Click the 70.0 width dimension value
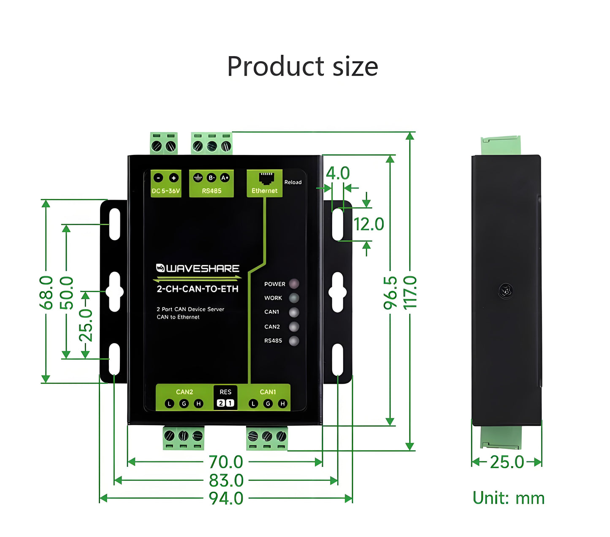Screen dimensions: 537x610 (226, 462)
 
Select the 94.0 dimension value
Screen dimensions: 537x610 (226, 499)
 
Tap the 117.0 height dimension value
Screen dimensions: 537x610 (410, 292)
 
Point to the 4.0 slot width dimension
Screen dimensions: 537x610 (338, 174)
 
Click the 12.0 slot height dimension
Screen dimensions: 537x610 (369, 224)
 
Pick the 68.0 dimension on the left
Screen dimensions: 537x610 (46, 292)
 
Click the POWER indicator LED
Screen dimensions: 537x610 (294, 284)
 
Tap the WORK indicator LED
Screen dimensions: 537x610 (294, 298)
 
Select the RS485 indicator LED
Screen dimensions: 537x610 (294, 341)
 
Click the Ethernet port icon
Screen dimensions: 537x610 (266, 178)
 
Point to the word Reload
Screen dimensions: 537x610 (293, 182)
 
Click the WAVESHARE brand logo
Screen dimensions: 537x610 (198, 268)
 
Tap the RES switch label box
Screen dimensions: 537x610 (225, 397)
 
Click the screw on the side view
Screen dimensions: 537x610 (505, 290)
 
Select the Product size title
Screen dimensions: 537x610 (302, 66)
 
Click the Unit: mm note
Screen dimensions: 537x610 (508, 498)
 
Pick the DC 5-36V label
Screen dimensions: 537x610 (166, 191)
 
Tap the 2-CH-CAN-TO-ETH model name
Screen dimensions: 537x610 (198, 289)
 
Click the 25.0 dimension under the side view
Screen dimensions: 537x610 (507, 462)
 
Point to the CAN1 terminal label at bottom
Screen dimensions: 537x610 (268, 392)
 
